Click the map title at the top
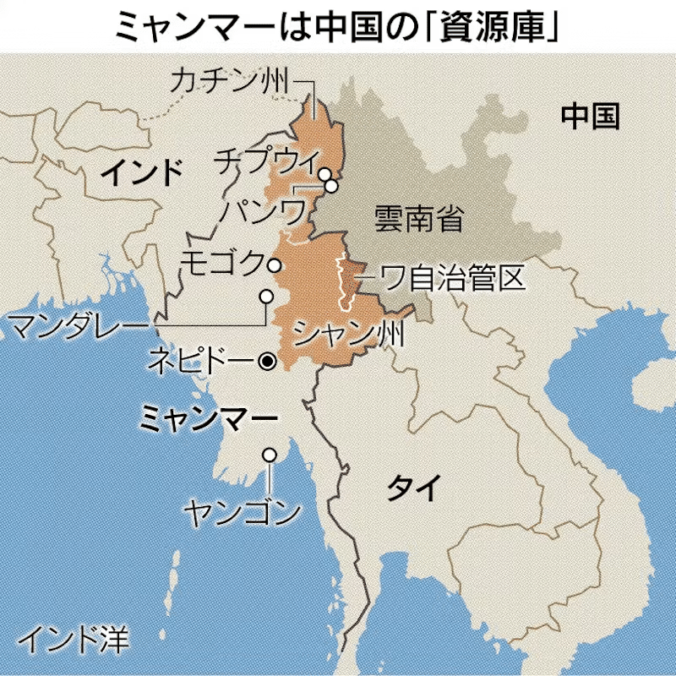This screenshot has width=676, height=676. [x=338, y=26]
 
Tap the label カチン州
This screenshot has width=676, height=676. [x=229, y=81]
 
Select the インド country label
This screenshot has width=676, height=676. [x=141, y=173]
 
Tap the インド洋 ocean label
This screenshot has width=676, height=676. [x=73, y=640]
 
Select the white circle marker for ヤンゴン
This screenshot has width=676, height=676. [x=270, y=455]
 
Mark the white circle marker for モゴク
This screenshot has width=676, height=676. [x=274, y=265]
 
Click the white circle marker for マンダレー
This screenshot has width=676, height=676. [x=265, y=297]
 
